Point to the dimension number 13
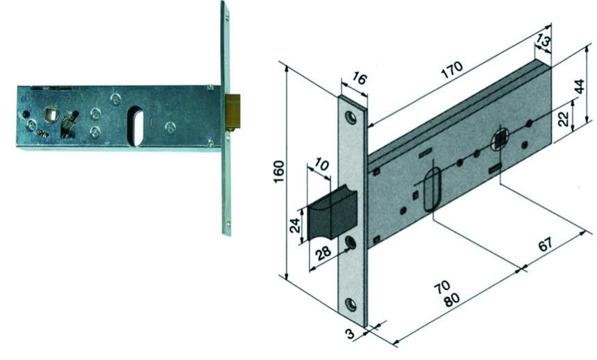pyautogui.click(x=544, y=41)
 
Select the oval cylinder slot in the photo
pyautogui.click(x=137, y=125)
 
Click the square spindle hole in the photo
pyautogui.click(x=51, y=112)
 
